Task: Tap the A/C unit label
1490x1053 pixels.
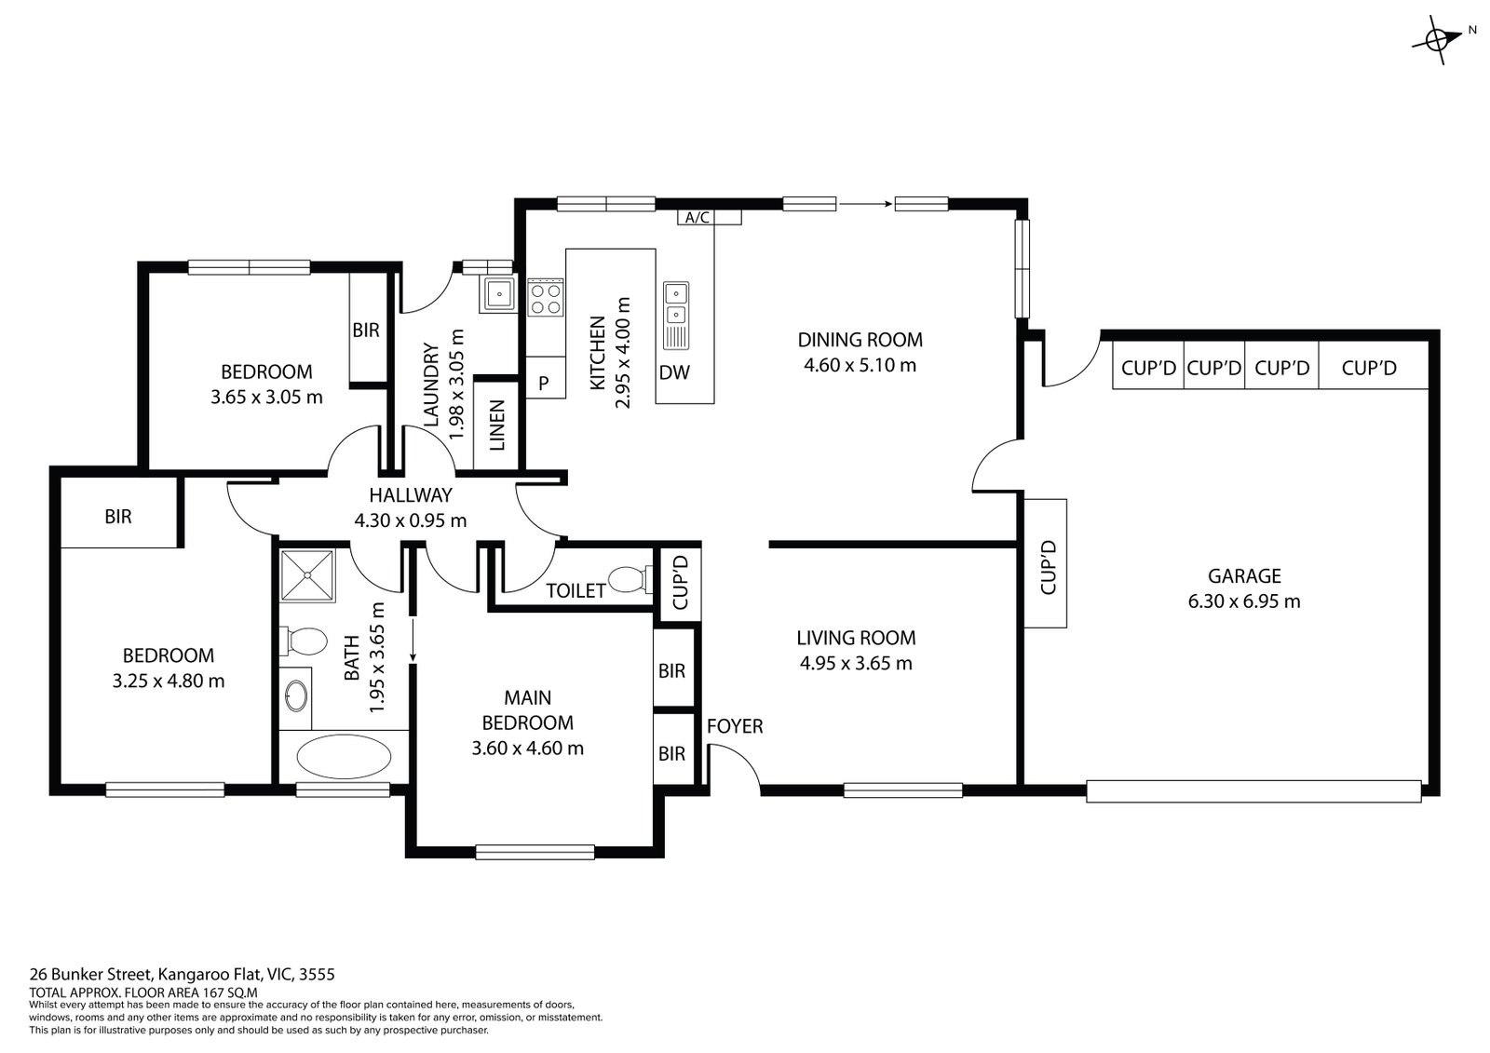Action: [697, 218]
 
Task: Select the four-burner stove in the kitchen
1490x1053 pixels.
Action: [546, 298]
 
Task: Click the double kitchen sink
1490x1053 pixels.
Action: [676, 304]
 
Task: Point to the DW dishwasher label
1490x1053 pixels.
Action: [674, 373]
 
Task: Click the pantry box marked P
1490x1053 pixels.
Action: [544, 383]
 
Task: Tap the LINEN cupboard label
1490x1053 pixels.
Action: [496, 425]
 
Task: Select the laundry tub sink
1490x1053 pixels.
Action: [499, 294]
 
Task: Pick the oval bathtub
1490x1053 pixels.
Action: [344, 755]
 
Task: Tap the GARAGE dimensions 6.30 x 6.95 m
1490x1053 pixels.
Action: [1244, 601]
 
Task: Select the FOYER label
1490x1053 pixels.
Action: [735, 726]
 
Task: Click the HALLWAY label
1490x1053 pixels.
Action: [411, 495]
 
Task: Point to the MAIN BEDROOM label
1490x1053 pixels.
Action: [527, 709]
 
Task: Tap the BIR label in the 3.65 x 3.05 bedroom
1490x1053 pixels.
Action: [366, 330]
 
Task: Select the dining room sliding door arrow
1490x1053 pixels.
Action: [865, 203]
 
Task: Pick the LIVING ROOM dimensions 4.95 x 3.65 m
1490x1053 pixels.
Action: [856, 664]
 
